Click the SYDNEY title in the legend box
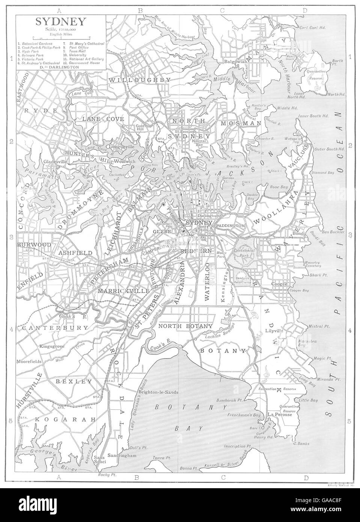(x=59, y=22)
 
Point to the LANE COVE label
(x=99, y=119)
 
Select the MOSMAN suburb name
(x=240, y=123)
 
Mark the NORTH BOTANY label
(x=185, y=326)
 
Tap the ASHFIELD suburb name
(x=75, y=253)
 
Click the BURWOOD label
(x=34, y=244)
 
